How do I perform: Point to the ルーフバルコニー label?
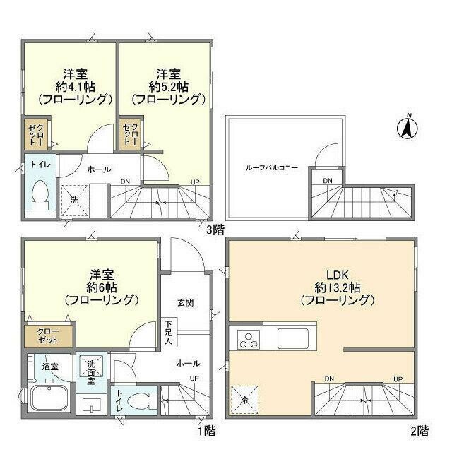(272, 168)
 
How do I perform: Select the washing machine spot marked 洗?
(73, 199)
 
